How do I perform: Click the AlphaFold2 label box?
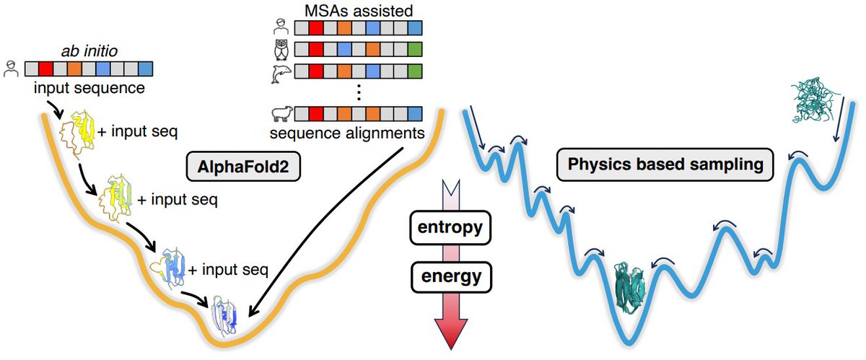click(x=243, y=166)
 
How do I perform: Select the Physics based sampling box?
click(x=665, y=164)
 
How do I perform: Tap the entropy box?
click(x=450, y=227)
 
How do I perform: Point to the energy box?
click(x=451, y=277)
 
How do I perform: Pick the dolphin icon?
click(x=281, y=73)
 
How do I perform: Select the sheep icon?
click(x=282, y=114)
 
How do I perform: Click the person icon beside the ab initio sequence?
click(x=12, y=69)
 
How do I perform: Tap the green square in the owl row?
click(x=415, y=50)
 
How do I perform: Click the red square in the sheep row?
click(x=316, y=114)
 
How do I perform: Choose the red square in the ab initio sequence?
click(x=46, y=69)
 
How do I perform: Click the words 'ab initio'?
click(x=89, y=51)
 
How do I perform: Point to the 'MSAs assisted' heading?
click(x=359, y=10)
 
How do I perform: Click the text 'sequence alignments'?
click(x=347, y=133)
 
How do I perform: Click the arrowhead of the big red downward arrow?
click(x=451, y=333)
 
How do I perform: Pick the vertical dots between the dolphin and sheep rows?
click(x=359, y=93)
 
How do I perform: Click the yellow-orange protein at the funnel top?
click(x=77, y=134)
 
